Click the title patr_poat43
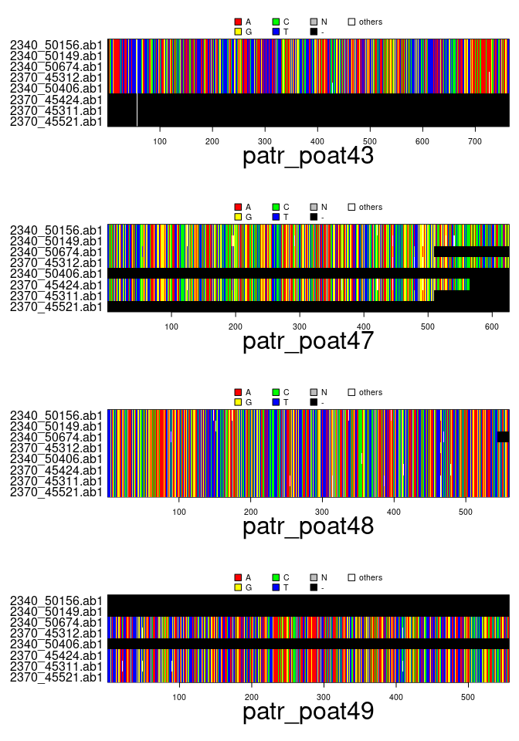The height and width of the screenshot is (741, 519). point(308,156)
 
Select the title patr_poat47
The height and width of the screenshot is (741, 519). point(308,341)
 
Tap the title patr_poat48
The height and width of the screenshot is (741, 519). point(308,526)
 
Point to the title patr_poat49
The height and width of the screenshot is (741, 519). point(308,712)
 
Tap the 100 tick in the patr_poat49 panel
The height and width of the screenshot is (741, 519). point(179,697)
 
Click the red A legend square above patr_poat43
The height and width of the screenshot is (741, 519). point(238,22)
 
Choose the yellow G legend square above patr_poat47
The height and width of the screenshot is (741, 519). point(238,217)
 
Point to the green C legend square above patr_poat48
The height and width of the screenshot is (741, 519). point(276,393)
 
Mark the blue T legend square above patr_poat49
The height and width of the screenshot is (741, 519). point(276,587)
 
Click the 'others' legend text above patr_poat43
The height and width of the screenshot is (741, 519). point(370,22)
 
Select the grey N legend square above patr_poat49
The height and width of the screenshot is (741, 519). point(314,578)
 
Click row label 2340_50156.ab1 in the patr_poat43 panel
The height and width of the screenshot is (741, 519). point(56,45)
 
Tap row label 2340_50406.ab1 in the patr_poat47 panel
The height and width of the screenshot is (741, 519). point(56,274)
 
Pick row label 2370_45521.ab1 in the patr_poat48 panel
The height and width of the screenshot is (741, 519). point(56,492)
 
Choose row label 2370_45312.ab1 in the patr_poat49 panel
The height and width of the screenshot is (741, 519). point(56,633)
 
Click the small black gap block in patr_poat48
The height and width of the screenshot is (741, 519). point(503,437)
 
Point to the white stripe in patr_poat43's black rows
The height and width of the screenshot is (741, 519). point(137,110)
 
